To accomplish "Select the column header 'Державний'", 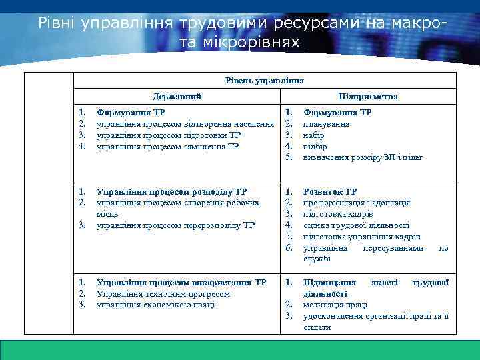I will click(177, 97).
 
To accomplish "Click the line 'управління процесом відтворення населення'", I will click(185, 124).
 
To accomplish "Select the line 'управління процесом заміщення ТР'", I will click(167, 146).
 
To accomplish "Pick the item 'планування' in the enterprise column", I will click(324, 124).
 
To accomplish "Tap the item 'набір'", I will click(314, 135).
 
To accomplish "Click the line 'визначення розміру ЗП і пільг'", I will click(363, 157).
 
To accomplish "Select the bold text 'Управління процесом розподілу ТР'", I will click(171, 191).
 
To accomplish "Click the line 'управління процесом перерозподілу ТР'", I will click(175, 225).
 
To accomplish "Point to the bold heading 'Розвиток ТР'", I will click(330, 191).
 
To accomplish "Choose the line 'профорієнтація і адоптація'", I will click(356, 203).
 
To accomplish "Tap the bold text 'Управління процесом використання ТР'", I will click(181, 283).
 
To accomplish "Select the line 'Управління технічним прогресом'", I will click(163, 294).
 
